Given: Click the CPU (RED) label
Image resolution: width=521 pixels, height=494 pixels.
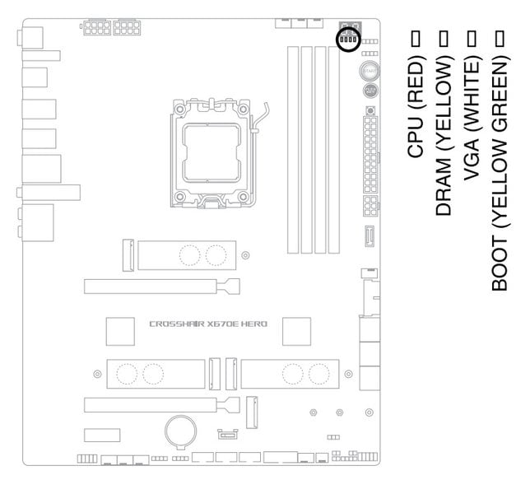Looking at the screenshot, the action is coord(416,106).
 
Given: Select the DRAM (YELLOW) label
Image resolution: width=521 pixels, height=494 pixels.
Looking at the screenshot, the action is coord(444,136).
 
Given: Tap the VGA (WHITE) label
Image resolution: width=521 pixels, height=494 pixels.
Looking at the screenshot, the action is coord(472,119).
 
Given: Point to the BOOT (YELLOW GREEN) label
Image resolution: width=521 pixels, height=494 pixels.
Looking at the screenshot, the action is coord(500,173).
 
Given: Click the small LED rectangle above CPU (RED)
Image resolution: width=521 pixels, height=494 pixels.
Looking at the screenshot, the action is coord(416,38).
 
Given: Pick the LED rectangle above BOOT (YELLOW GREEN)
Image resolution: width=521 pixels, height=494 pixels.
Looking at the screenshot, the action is coord(500,38).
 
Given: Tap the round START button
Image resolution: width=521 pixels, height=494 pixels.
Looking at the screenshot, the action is coord(369,71).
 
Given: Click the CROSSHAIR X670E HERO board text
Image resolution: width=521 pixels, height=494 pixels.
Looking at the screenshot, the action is coord(208,324).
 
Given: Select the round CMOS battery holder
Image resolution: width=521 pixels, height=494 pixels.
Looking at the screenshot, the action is coord(181,431).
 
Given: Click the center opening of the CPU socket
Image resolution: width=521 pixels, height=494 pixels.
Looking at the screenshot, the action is coord(212,153).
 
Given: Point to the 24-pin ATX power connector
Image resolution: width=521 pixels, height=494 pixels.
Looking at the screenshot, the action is coord(370,154).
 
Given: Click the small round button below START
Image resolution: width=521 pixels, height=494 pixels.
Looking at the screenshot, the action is coord(370,91).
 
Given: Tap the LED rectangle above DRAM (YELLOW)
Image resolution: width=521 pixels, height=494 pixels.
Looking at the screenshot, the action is coord(444,38).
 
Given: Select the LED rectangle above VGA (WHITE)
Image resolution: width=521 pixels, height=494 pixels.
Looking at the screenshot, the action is coord(472,38).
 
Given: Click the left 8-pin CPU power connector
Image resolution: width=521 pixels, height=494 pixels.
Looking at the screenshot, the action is coord(96,28).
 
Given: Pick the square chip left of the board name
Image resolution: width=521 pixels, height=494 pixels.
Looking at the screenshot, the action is coord(120,332).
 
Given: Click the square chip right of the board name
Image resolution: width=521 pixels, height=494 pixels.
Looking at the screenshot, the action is coord(297,332).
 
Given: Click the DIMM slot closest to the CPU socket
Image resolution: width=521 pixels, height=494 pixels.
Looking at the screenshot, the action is coord(293,150).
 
